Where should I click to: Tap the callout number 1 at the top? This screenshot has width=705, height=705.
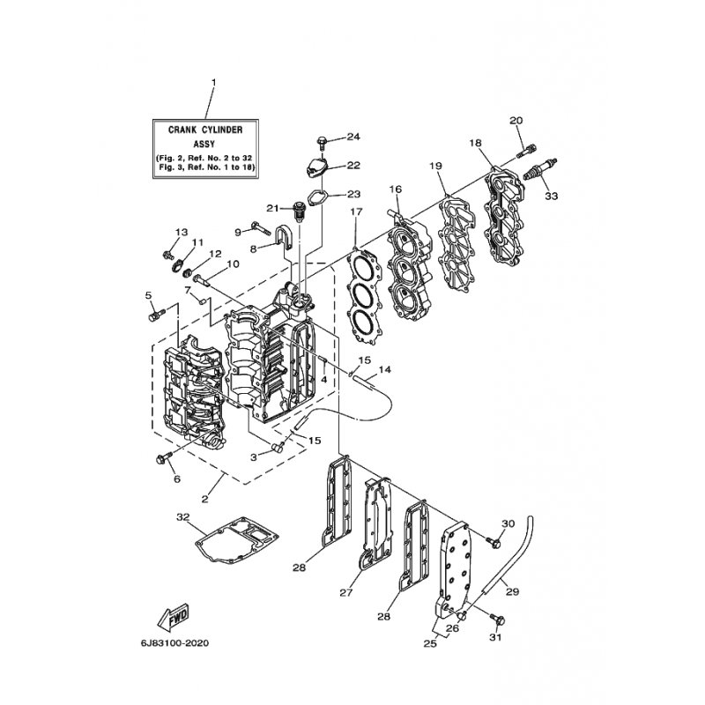pos(214,83)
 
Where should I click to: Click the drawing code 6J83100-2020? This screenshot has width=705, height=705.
pos(174,643)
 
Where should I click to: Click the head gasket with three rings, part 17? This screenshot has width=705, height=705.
pos(365,297)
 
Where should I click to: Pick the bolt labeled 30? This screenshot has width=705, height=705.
pos(493,542)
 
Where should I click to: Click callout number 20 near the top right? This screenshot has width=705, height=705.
pos(516,121)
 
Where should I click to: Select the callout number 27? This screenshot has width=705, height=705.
pos(346,592)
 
